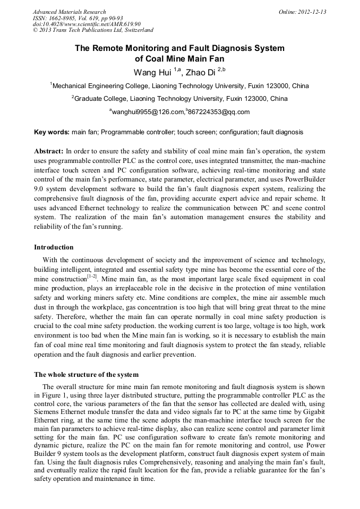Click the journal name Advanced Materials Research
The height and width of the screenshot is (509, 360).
(69, 12)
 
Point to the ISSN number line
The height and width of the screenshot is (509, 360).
(78, 18)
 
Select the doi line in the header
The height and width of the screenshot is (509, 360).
(87, 24)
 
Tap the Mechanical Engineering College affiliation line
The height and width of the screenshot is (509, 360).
(179, 85)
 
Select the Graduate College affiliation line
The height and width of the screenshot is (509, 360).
(179, 99)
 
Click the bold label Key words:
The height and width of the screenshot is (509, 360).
(52, 132)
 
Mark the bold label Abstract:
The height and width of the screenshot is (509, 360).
(49, 151)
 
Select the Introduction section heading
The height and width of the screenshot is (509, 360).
(54, 247)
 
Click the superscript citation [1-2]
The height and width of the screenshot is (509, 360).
(92, 277)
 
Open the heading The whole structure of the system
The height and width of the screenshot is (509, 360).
(86, 375)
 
